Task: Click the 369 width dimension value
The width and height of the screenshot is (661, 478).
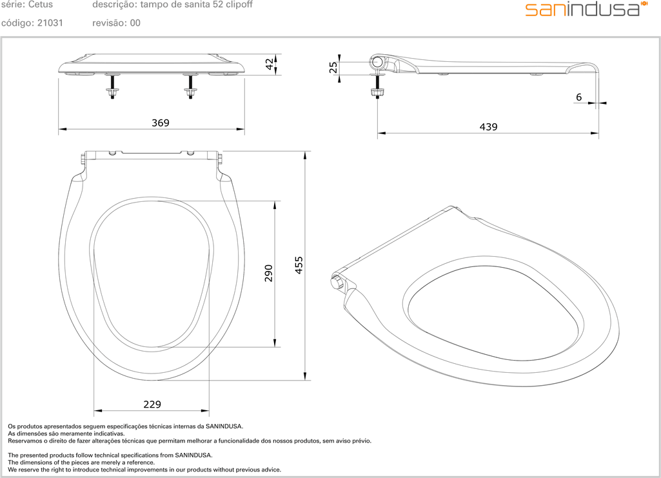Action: coord(160,123)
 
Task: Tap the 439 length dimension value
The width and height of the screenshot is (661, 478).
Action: coord(488,127)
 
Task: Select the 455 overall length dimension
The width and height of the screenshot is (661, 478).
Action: coord(299,265)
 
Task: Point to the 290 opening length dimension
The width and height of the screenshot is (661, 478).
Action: coord(268,273)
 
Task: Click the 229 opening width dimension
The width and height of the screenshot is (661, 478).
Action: coord(152,404)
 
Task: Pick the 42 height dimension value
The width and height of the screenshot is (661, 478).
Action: coord(270,64)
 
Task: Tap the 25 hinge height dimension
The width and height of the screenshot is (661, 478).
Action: coord(333,68)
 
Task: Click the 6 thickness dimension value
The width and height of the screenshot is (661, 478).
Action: coord(579,97)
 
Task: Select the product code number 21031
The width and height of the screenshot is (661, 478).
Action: coord(50,23)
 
